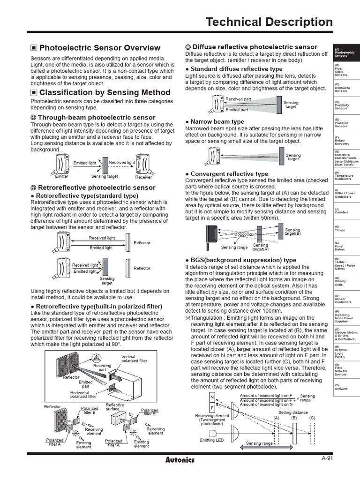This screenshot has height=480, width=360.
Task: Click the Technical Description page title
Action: coord(269,22)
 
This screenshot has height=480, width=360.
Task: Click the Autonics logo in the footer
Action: coord(180,459)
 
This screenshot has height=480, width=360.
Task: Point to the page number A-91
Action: coord(327,458)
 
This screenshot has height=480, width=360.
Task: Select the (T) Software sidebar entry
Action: coord(341,387)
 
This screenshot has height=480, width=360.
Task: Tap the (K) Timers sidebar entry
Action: coord(340,229)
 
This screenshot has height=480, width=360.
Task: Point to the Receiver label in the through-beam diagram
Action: coord(143,178)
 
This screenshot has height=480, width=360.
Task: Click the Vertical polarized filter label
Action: coord(134,359)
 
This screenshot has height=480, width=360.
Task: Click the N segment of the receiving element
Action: coord(212,397)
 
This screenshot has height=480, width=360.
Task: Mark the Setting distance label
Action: coord(293,412)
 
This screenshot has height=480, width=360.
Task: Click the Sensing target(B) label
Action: coord(293,232)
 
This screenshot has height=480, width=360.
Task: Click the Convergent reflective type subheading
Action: coord(229,174)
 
